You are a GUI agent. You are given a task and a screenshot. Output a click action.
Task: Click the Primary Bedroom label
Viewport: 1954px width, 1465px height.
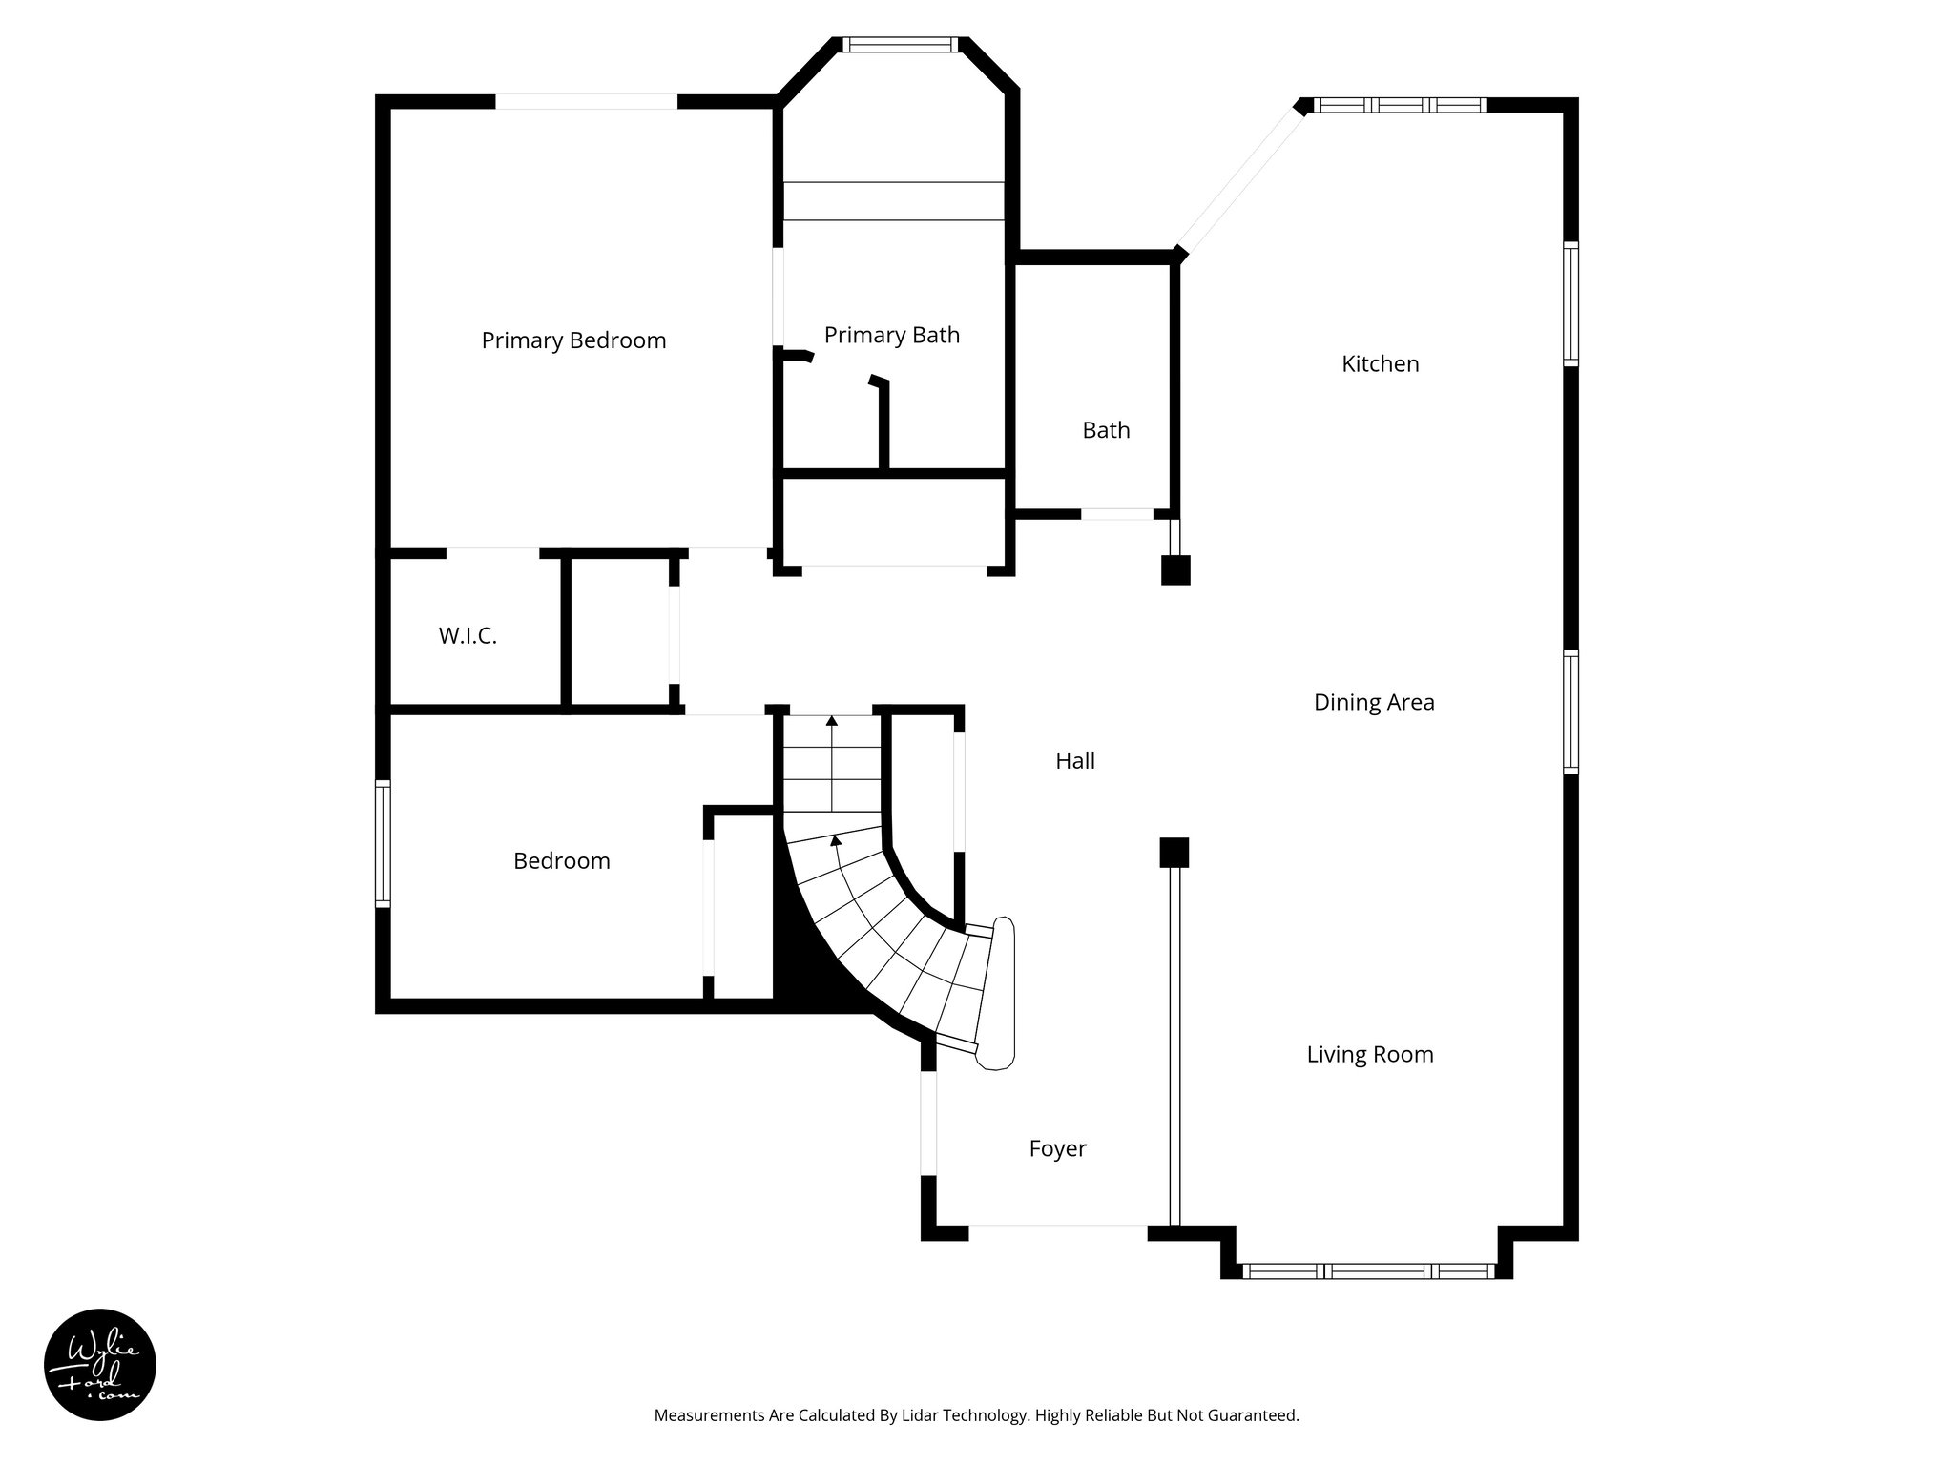click(x=573, y=340)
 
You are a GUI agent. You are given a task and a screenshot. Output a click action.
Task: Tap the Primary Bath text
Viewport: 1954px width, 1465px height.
click(x=891, y=335)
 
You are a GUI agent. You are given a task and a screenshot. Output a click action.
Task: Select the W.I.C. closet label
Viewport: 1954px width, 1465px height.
click(x=468, y=636)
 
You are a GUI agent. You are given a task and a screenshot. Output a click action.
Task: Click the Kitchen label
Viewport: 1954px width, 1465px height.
click(x=1380, y=363)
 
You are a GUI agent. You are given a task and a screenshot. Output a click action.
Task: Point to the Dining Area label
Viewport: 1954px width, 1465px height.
click(x=1373, y=702)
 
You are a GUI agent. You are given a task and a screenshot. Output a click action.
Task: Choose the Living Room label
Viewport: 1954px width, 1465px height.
click(x=1369, y=1054)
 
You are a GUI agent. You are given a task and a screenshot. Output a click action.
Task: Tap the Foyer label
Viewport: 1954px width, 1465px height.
click(x=1057, y=1148)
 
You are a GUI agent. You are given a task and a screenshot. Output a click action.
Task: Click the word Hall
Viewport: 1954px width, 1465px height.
click(x=1074, y=760)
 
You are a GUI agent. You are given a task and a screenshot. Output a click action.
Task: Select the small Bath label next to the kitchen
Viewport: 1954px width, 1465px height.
click(x=1106, y=430)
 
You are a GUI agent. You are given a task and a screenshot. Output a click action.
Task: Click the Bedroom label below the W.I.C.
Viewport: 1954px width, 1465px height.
click(x=561, y=860)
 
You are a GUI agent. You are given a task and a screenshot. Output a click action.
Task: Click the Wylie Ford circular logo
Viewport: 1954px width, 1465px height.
click(x=100, y=1365)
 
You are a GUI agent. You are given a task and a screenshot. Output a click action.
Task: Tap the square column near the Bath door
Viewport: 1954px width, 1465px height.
click(x=1175, y=570)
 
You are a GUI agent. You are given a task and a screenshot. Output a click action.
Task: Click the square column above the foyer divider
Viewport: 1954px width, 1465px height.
click(x=1174, y=852)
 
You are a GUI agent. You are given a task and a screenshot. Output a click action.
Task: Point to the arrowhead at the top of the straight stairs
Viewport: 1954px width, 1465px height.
click(x=832, y=722)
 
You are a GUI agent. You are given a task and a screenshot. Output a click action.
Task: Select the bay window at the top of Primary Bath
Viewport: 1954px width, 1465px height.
click(x=901, y=44)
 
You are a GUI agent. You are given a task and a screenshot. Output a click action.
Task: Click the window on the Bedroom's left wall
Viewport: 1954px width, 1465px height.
click(x=383, y=842)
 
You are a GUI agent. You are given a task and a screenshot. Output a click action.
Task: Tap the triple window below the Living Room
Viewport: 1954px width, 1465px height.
click(x=1368, y=1270)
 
